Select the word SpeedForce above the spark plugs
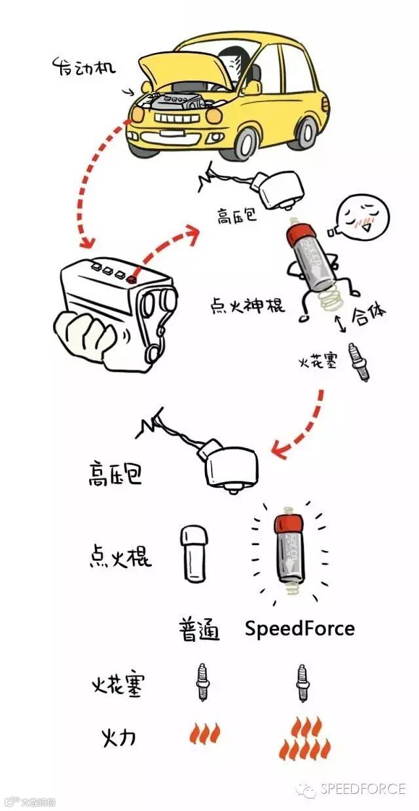tap(299, 629)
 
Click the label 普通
tap(198, 630)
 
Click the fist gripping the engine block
tap(88, 335)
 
